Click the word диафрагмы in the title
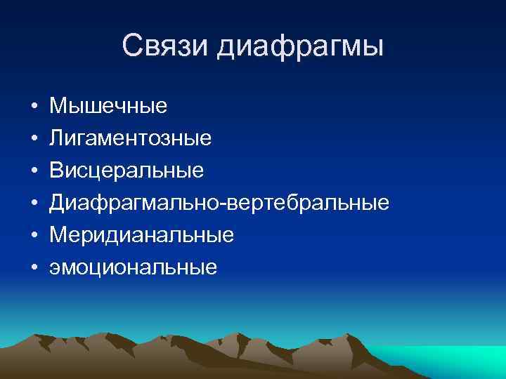pos(300,48)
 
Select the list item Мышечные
pos(108,107)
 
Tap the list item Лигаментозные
pos(130,139)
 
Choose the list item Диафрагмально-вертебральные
pos(219,204)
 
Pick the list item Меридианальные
pos(141,235)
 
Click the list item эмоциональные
pos(133,267)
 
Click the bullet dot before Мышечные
pos(34,107)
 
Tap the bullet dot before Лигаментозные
pos(34,140)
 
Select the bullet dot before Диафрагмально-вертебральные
pos(34,204)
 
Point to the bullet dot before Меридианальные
pos(34,236)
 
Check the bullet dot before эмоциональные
pos(34,268)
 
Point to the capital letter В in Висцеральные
pos(56,171)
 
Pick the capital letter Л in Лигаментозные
pos(56,138)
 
